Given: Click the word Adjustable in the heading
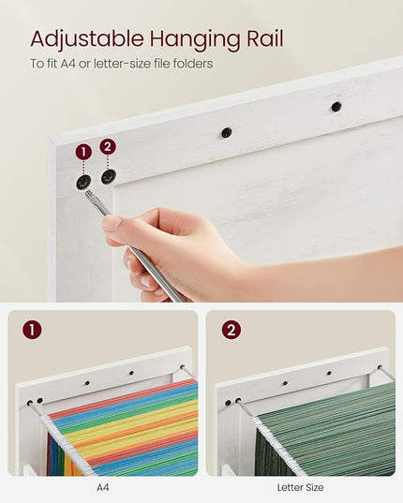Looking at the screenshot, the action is click(87, 40).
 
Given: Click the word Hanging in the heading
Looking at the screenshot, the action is click(195, 40).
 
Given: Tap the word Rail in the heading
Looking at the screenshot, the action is click(265, 38).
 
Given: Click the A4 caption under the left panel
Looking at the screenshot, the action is click(103, 488).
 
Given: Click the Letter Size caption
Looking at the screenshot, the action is click(300, 488).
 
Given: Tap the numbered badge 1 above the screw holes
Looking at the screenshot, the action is click(83, 152).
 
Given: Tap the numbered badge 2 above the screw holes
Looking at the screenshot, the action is click(108, 147).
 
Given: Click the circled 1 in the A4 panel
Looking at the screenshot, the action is click(32, 330).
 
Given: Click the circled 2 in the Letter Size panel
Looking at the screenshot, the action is click(231, 330).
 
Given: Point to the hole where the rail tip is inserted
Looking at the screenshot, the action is click(83, 182).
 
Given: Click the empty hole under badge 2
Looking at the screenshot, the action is click(109, 177).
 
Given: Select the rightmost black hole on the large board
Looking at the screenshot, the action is click(336, 107).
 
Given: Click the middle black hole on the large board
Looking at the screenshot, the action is click(227, 132).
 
